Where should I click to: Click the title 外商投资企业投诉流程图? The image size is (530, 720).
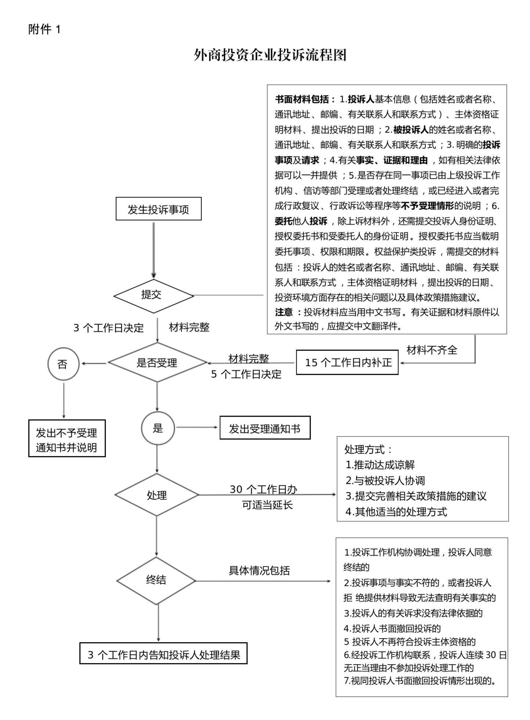pyautogui.click(x=270, y=55)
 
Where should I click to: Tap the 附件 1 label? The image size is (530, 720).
pyautogui.click(x=44, y=29)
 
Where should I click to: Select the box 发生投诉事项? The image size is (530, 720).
pyautogui.click(x=159, y=209)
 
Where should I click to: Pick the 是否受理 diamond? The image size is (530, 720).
pyautogui.click(x=157, y=363)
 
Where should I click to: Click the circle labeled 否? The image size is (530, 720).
pyautogui.click(x=64, y=364)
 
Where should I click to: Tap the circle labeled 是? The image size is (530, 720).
pyautogui.click(x=158, y=428)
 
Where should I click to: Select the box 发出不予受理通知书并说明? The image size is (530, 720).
pyautogui.click(x=67, y=438)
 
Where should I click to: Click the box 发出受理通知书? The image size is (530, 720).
pyautogui.click(x=265, y=428)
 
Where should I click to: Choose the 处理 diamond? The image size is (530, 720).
pyautogui.click(x=157, y=495)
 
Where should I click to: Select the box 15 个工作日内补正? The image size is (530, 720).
pyautogui.click(x=347, y=363)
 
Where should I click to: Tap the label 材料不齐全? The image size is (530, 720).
pyautogui.click(x=432, y=350)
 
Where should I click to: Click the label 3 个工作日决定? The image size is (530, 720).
pyautogui.click(x=109, y=328)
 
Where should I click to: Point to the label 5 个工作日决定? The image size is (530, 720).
pyautogui.click(x=246, y=374)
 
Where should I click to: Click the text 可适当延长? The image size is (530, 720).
pyautogui.click(x=267, y=505)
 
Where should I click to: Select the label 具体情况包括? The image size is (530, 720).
pyautogui.click(x=259, y=570)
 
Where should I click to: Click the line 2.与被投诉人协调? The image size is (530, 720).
pyautogui.click(x=385, y=480)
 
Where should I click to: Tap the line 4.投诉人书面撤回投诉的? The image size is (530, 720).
pyautogui.click(x=392, y=628)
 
